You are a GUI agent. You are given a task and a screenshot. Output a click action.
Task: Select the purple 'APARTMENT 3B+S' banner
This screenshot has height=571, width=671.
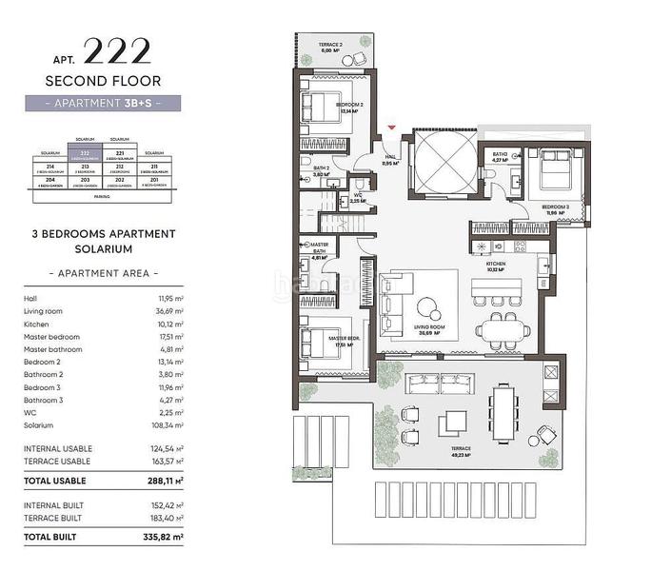[103, 103]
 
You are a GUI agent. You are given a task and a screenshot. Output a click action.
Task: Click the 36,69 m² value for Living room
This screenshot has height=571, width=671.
[169, 310]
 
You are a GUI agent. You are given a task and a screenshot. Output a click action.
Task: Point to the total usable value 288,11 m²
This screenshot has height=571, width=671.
[163, 482]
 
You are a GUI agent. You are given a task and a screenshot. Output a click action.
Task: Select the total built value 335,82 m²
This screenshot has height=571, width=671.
[163, 538]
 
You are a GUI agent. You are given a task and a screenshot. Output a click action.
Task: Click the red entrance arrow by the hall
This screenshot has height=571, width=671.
[391, 128]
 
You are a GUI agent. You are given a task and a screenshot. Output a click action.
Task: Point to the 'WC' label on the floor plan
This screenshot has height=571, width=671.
[358, 196]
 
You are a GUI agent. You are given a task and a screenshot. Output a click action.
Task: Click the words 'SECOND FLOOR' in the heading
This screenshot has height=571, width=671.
[103, 81]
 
